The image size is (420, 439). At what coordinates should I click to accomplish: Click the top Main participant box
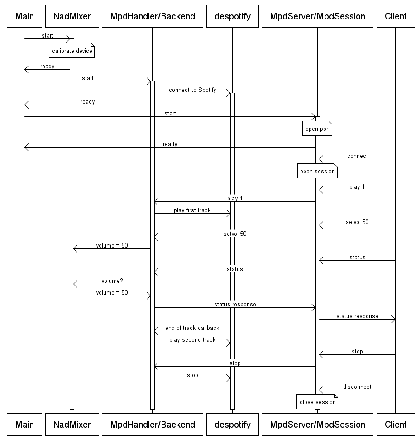(24, 17)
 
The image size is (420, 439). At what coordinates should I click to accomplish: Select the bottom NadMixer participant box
(72, 425)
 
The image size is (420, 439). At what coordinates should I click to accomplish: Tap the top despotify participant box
(232, 17)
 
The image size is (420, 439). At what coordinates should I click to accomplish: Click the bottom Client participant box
(396, 425)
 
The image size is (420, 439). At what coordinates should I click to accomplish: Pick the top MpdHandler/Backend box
(153, 17)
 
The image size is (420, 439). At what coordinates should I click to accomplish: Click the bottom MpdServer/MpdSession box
(317, 425)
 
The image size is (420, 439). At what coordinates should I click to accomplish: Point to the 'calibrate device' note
(72, 51)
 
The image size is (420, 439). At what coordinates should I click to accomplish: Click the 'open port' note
(318, 129)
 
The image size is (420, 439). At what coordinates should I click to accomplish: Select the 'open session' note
(318, 172)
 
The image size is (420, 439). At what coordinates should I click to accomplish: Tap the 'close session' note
(318, 402)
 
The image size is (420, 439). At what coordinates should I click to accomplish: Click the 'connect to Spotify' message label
(192, 90)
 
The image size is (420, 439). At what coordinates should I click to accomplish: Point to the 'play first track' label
(192, 210)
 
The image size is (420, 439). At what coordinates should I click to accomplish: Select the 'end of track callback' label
(192, 328)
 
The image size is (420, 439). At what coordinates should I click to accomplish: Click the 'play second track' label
(192, 340)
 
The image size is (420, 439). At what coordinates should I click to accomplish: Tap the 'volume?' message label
(112, 281)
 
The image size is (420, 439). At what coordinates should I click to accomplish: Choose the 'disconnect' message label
(357, 387)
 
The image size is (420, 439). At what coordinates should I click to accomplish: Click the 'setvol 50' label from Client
(357, 222)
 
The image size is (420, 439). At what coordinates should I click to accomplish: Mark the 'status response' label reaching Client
(357, 316)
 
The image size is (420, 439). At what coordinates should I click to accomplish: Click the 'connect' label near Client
(357, 156)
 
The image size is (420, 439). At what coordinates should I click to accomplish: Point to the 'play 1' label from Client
(357, 187)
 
